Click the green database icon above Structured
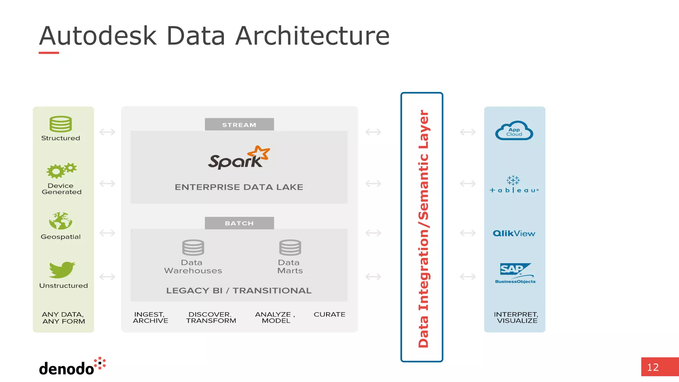[x=61, y=124]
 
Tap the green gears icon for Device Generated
[x=62, y=170]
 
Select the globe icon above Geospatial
[x=61, y=221]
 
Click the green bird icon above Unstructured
[x=62, y=270]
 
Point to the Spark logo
[x=239, y=158]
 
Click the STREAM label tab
[x=239, y=125]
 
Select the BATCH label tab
[x=239, y=223]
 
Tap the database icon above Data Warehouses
[x=193, y=247]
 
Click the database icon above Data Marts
[x=290, y=247]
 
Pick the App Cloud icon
[x=514, y=131]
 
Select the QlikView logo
[x=514, y=233]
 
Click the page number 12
[x=653, y=367]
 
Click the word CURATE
[x=329, y=314]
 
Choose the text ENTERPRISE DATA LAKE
[x=239, y=187]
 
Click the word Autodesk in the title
[x=98, y=36]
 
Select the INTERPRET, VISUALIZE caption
[x=516, y=317]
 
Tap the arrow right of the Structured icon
[x=107, y=132]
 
